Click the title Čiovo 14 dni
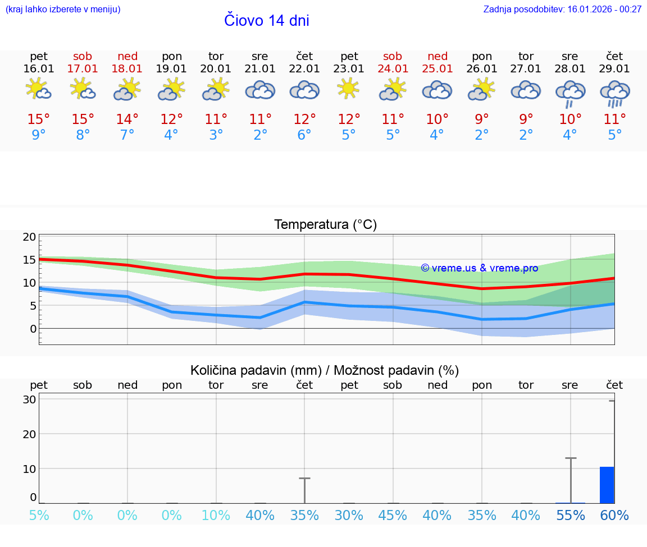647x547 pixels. (x=267, y=21)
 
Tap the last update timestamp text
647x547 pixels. (x=562, y=10)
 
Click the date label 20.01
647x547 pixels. (x=216, y=69)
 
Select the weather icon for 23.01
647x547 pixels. (x=349, y=89)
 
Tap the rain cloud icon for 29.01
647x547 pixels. (x=615, y=93)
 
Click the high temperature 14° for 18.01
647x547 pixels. (x=127, y=119)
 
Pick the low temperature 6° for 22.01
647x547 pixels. (x=304, y=135)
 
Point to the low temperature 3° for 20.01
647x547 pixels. (x=216, y=135)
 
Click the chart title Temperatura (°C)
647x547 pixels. (x=325, y=225)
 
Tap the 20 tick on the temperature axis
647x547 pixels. (x=30, y=237)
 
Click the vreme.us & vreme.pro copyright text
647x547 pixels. (x=480, y=268)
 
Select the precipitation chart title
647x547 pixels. (x=325, y=370)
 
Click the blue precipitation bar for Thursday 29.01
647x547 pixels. (x=607, y=485)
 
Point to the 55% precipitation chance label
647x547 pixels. (x=571, y=516)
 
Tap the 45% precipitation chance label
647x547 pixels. (x=393, y=516)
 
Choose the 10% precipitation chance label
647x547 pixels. (x=216, y=516)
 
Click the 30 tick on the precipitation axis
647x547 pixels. (x=30, y=399)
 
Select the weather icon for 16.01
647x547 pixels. (x=39, y=89)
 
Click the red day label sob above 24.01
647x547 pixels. (x=393, y=57)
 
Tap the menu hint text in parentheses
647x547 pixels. (x=63, y=10)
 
